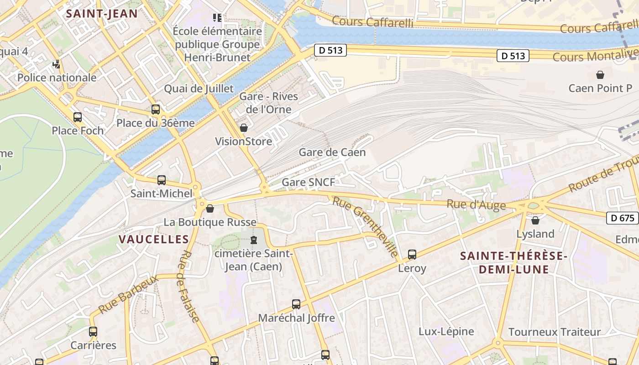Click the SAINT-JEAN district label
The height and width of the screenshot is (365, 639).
click(x=102, y=13)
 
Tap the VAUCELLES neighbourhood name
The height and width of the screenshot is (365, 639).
click(x=154, y=239)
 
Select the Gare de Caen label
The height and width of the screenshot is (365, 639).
click(x=332, y=152)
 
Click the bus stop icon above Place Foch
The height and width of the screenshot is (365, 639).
click(x=78, y=117)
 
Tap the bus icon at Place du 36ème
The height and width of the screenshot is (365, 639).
click(x=156, y=109)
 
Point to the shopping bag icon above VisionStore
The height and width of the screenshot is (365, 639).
click(x=244, y=128)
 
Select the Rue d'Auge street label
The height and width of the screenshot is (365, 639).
click(x=476, y=205)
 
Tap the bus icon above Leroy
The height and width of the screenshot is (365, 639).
click(x=412, y=255)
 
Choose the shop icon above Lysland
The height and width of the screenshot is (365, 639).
click(x=535, y=221)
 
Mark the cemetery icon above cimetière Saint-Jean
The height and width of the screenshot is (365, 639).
click(x=254, y=240)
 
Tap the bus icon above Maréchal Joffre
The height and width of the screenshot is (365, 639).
click(x=296, y=304)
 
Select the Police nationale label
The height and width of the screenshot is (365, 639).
click(x=57, y=78)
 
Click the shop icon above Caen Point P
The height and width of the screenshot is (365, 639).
click(x=600, y=75)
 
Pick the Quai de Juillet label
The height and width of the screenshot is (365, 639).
click(x=199, y=89)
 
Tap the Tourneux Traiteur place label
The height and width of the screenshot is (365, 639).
click(x=554, y=332)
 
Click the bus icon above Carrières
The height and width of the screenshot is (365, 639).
click(x=93, y=332)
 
